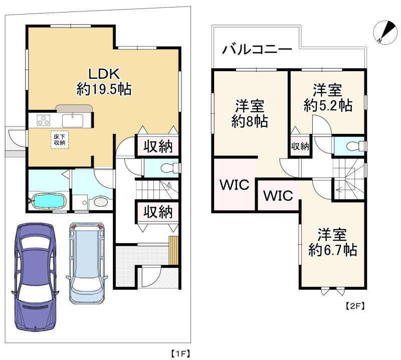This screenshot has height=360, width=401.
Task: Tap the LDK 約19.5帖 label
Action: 104,81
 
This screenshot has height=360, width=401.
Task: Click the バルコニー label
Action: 257,49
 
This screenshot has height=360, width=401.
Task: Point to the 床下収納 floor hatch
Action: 60,140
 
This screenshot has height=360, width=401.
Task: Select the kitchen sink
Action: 73,120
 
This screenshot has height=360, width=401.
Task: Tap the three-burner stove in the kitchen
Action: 44,120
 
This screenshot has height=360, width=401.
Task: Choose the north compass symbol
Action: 385,32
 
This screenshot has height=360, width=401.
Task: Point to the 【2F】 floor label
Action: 355,306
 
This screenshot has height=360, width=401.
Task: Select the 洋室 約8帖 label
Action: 250,114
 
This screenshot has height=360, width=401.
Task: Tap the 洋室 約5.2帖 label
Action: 328,98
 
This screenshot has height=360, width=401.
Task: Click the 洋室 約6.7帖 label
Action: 332,242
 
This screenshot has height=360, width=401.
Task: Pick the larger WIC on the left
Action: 235,185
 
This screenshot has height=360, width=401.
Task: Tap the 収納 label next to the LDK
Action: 158,146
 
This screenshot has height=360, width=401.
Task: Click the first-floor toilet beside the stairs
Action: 169,168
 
